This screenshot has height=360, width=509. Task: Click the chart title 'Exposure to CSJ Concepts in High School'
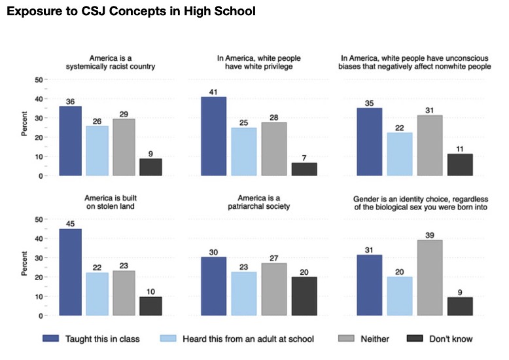131,11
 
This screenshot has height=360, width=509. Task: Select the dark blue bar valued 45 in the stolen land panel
71,272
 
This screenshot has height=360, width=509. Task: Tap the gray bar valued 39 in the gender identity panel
430,278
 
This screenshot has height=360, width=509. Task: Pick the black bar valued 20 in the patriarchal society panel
304,296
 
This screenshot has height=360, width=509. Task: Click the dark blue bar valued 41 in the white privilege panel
213,136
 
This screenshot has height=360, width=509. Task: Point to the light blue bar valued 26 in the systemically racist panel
97,151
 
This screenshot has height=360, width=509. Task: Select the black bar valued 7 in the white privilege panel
304,170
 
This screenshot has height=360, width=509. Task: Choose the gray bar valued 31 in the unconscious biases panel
430,145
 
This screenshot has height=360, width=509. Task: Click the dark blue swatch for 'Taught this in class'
50,338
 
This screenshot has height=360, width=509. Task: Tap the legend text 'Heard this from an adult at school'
249,339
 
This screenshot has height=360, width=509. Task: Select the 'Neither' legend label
375,339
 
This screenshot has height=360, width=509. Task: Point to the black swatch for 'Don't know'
415,338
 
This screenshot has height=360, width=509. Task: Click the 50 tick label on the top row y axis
39,80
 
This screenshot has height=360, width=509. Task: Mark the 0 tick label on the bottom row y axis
41,315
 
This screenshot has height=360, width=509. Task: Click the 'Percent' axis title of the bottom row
24,264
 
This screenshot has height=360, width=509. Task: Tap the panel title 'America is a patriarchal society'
258,202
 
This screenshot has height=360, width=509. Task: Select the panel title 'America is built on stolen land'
111,202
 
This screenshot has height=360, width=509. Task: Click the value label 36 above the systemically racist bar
70,101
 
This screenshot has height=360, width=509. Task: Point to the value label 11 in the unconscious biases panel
460,149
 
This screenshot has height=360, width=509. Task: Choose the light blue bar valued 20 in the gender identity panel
400,296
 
